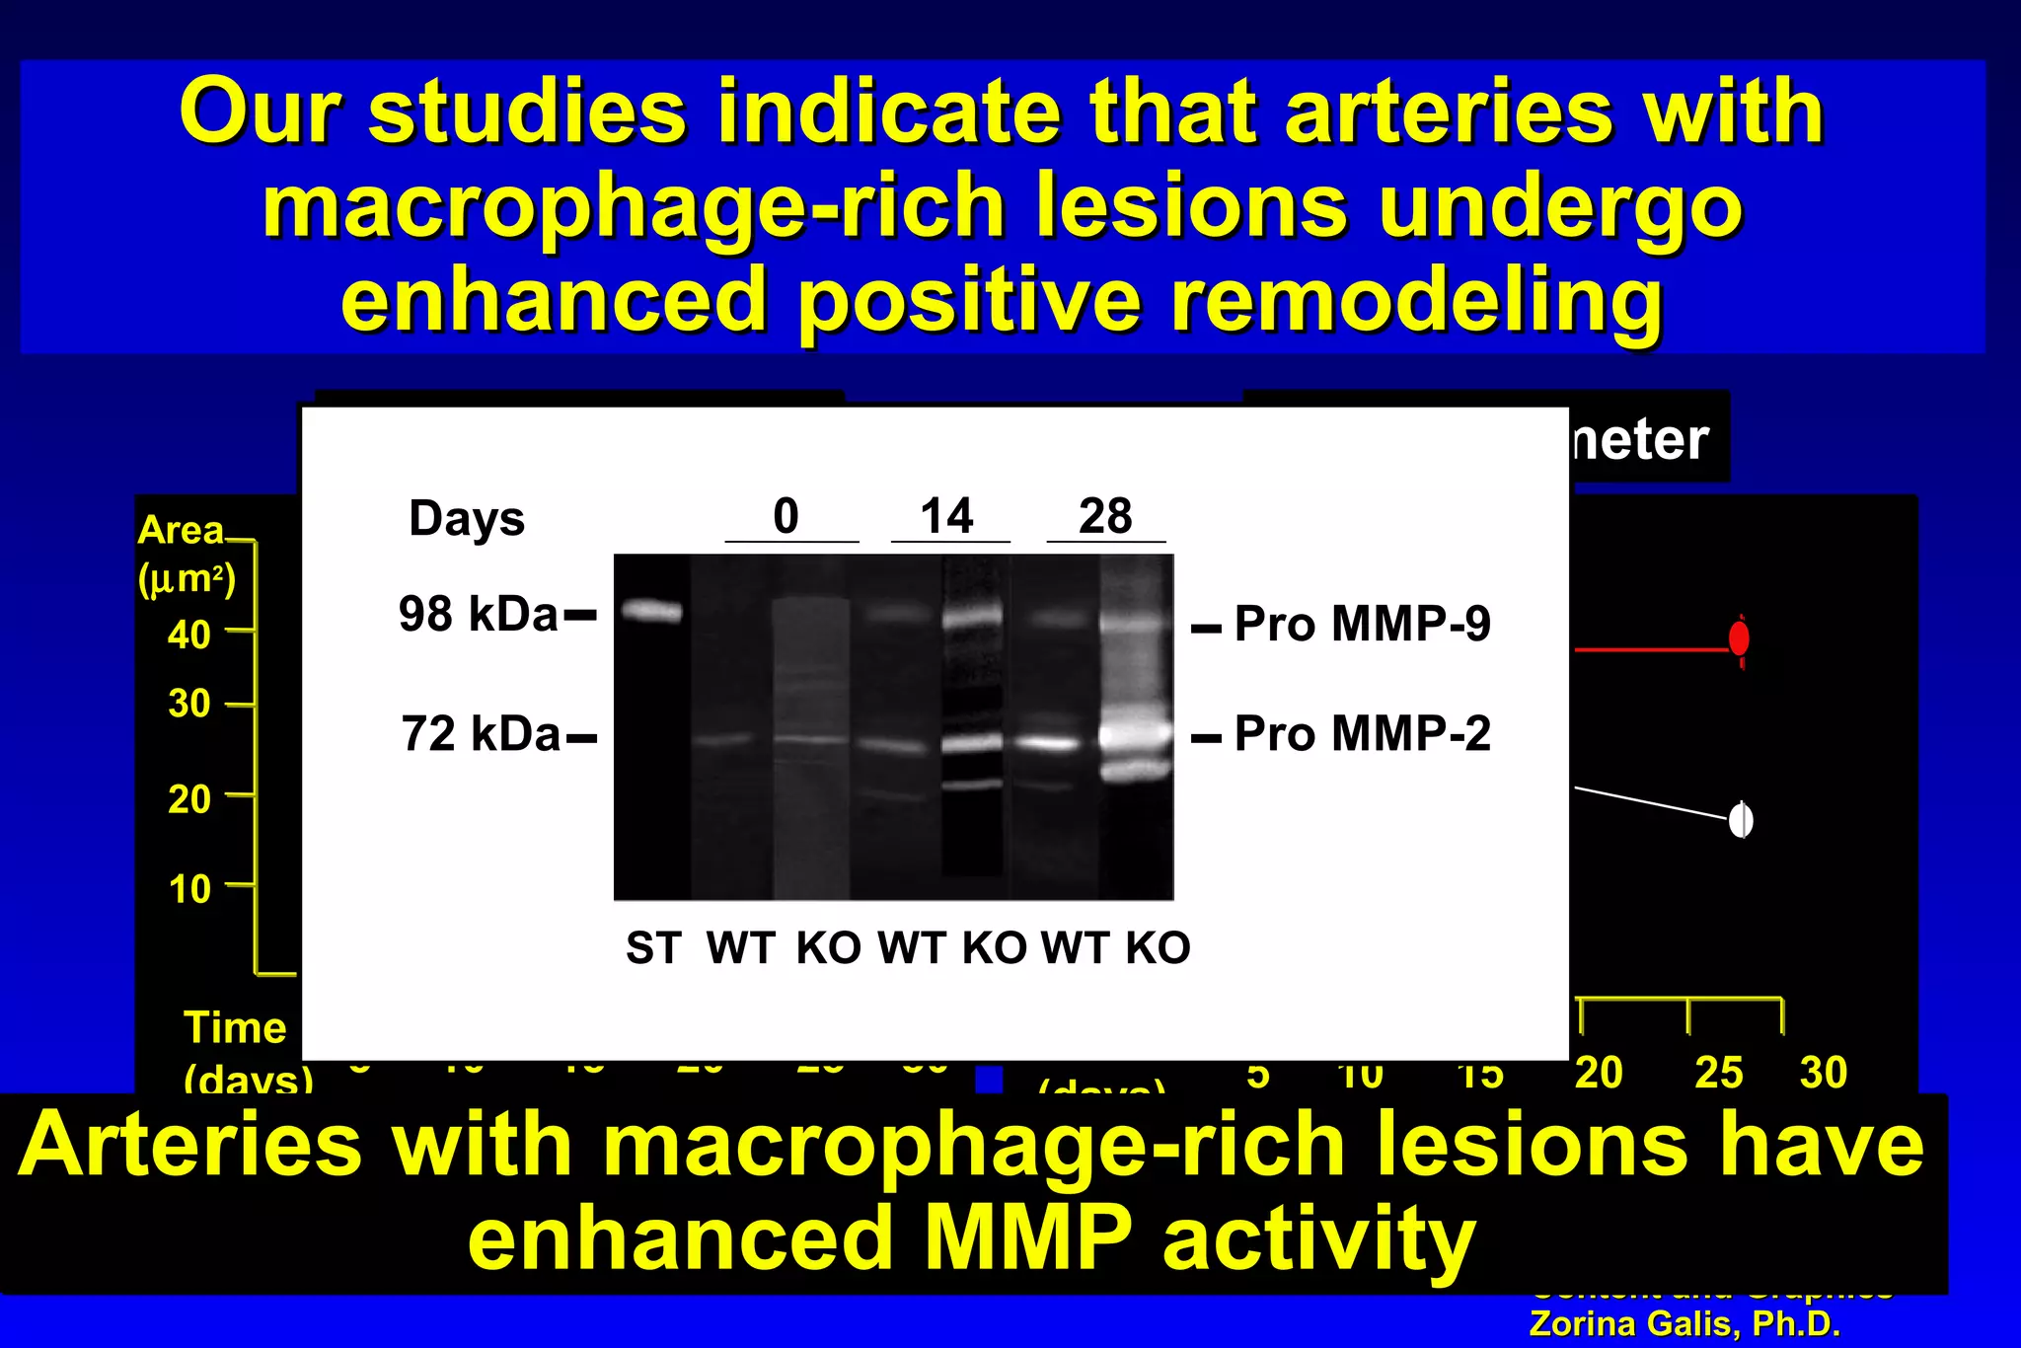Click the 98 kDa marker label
click(479, 614)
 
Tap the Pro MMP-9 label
click(1362, 624)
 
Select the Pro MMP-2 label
click(1362, 734)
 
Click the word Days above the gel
click(467, 518)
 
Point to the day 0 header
click(786, 516)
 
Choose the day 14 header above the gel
click(946, 516)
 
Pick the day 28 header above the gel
click(1105, 516)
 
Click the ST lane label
click(652, 948)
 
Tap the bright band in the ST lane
click(651, 612)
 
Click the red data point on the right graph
click(1740, 638)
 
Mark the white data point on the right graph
click(1741, 820)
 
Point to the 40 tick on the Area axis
click(188, 635)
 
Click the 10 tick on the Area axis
click(189, 889)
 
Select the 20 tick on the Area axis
click(188, 798)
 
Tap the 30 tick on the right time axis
click(1823, 1073)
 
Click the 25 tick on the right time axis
click(1718, 1073)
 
